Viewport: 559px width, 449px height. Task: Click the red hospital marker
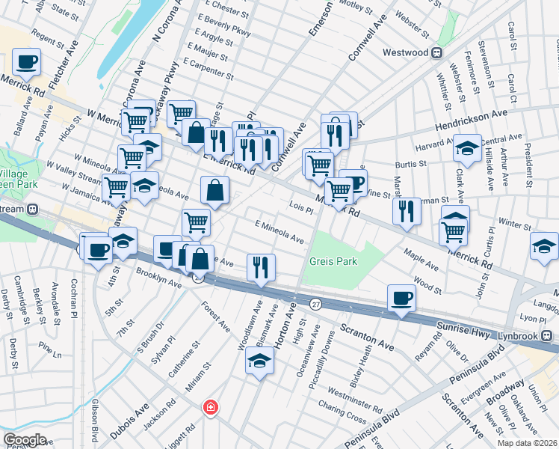(211, 407)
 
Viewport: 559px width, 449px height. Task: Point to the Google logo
(25, 439)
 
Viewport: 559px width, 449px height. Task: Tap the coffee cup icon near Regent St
(26, 62)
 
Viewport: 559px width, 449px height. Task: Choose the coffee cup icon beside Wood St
(401, 299)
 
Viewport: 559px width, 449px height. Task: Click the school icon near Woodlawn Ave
(259, 362)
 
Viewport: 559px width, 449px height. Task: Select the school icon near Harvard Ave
(468, 147)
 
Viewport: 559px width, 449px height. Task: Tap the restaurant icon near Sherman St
(407, 210)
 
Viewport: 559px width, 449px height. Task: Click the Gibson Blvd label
(95, 424)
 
